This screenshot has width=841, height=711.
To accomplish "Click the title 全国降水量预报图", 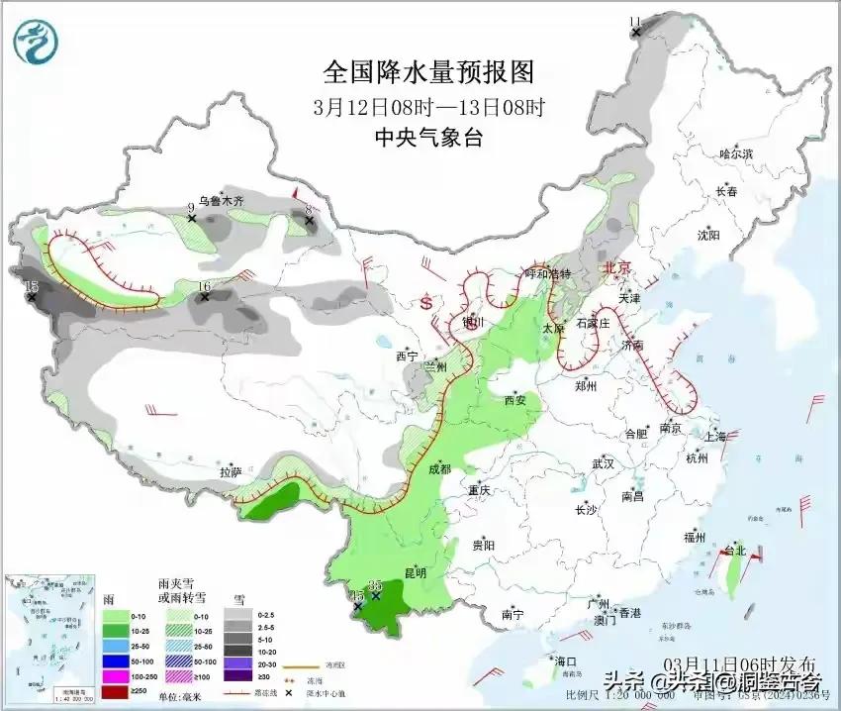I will (428, 72).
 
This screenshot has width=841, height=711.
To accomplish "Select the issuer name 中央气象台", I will (428, 138).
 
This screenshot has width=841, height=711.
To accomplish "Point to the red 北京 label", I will (616, 267).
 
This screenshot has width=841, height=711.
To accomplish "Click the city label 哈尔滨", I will (736, 153).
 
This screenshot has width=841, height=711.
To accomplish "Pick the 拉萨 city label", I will (230, 472).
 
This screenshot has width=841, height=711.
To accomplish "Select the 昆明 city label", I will (416, 572).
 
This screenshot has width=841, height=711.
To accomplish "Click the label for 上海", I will (714, 436).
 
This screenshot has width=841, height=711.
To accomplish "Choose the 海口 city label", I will (565, 661).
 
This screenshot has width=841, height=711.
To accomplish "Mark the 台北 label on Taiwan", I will (734, 550).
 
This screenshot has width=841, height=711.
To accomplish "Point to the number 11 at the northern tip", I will (635, 22).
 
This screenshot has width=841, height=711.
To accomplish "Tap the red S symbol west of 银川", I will (427, 299).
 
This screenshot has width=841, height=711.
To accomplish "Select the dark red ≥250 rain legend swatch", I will (116, 691).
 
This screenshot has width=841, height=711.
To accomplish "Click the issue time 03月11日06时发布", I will (740, 662).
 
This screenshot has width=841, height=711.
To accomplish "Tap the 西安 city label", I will (514, 400).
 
